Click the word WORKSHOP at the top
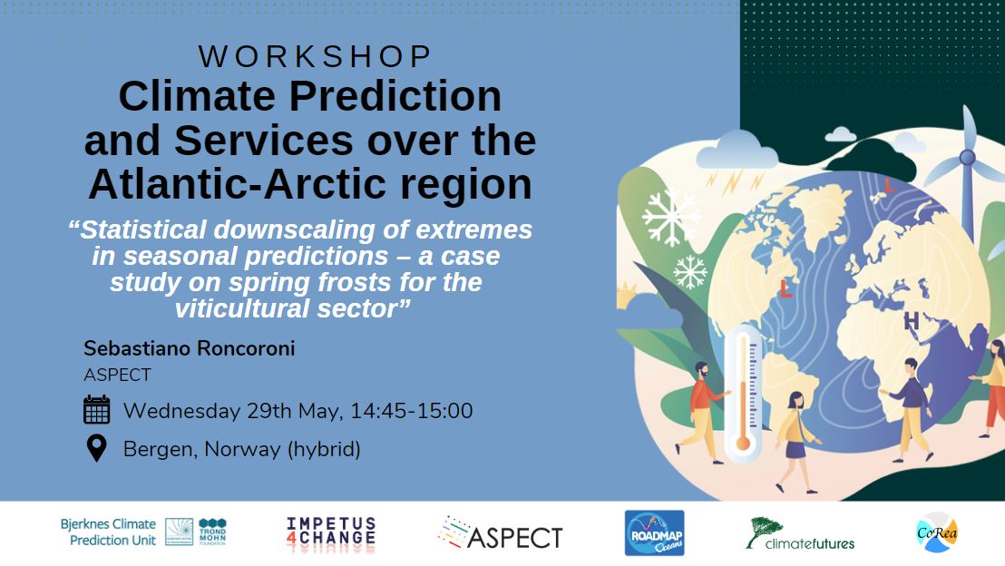(315, 56)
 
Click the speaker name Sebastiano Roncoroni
(189, 349)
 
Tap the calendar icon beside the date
(96, 410)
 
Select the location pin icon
(96, 448)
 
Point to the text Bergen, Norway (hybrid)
(241, 449)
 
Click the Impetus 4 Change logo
(330, 534)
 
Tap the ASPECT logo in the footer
(500, 535)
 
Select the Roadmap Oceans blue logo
(654, 533)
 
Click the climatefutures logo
(800, 534)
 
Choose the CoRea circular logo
(937, 532)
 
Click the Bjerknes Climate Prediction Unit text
(108, 532)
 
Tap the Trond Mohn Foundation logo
(212, 532)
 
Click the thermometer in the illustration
(743, 390)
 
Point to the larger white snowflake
(671, 216)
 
